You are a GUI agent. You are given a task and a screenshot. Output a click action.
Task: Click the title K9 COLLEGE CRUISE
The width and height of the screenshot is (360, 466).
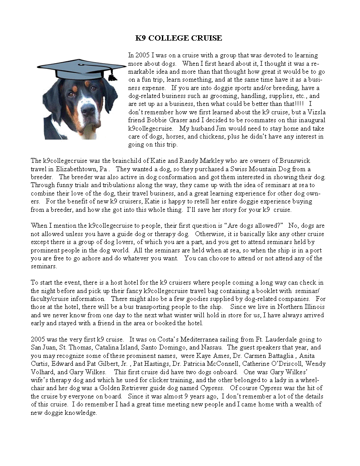click(179, 38)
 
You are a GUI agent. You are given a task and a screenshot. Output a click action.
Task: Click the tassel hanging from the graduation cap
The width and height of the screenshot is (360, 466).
click(112, 75)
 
